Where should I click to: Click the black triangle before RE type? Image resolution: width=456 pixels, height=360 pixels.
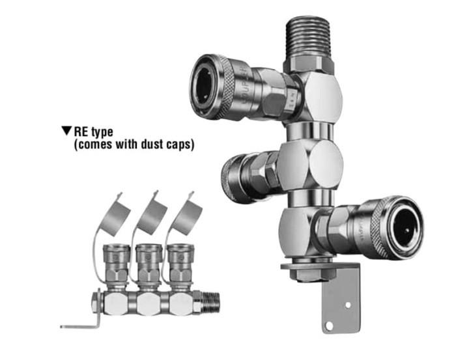coord(66,131)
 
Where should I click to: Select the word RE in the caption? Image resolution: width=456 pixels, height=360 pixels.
coord(81,132)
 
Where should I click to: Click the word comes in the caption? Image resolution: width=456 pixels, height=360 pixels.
coord(95,145)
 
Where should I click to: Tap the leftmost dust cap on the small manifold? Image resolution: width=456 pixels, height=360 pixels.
coord(117,214)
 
